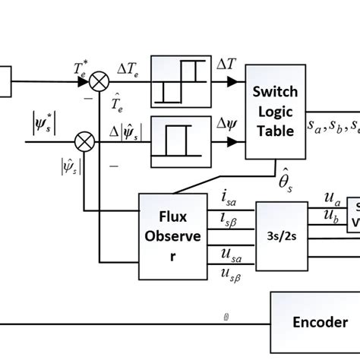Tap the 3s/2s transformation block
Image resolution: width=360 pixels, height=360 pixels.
click(282, 235)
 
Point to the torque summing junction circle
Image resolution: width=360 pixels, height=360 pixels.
click(98, 78)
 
